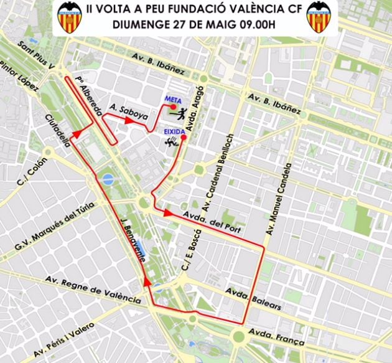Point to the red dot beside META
pos(174,106)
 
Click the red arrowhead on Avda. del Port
pos(168,213)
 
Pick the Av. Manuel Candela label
pos(279,199)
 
